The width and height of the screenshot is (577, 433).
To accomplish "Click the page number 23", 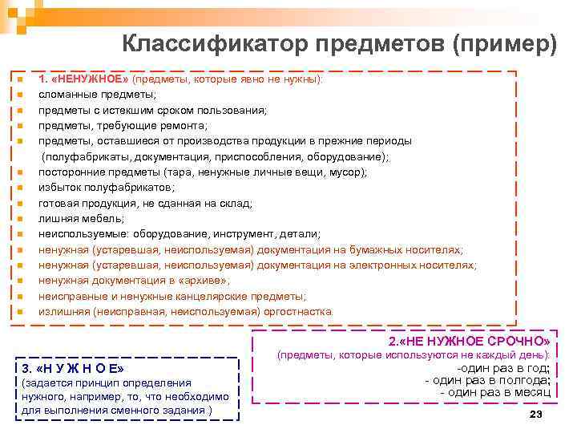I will click(536, 414).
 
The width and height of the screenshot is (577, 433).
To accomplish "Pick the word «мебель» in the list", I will click(105, 218).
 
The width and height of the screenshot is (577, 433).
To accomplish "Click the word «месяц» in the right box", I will click(529, 393).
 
